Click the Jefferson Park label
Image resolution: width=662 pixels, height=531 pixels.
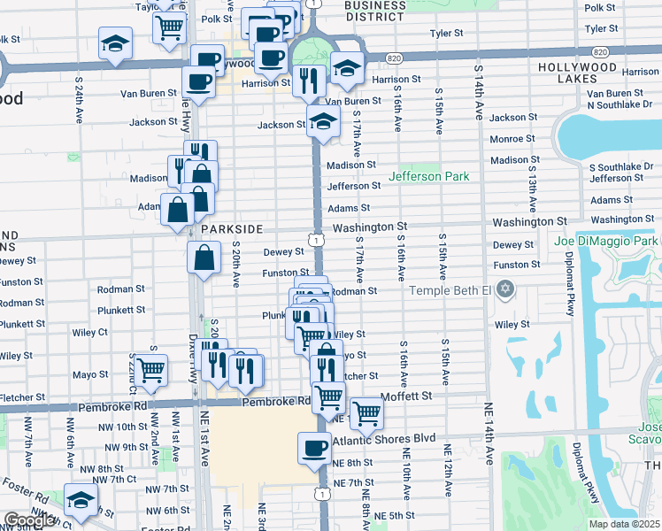pos(434,176)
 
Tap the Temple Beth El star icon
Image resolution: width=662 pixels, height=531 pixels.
pos(505,289)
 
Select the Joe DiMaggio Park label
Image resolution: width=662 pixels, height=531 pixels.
pos(606,241)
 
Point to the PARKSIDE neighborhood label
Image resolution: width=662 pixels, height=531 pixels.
pos(231,228)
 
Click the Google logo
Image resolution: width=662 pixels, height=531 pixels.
pos(28,520)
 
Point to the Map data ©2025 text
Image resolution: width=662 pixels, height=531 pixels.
pos(624,524)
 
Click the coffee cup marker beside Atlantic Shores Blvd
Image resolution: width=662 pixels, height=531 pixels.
pos(314,448)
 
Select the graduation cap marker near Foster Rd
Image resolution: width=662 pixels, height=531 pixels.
pos(81,501)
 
